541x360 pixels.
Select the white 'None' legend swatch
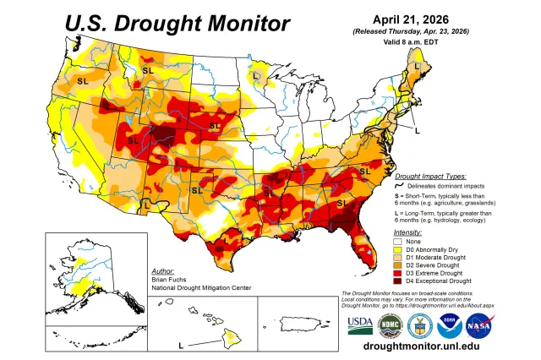(x=397, y=241)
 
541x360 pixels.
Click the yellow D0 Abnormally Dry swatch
(x=397, y=250)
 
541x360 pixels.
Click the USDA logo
(x=358, y=325)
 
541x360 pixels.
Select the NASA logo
(x=480, y=325)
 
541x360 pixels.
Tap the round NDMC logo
(x=390, y=325)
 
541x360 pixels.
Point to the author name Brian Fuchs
(x=170, y=279)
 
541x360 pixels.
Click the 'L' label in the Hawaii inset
(x=180, y=346)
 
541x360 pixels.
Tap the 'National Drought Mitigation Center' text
(x=202, y=287)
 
